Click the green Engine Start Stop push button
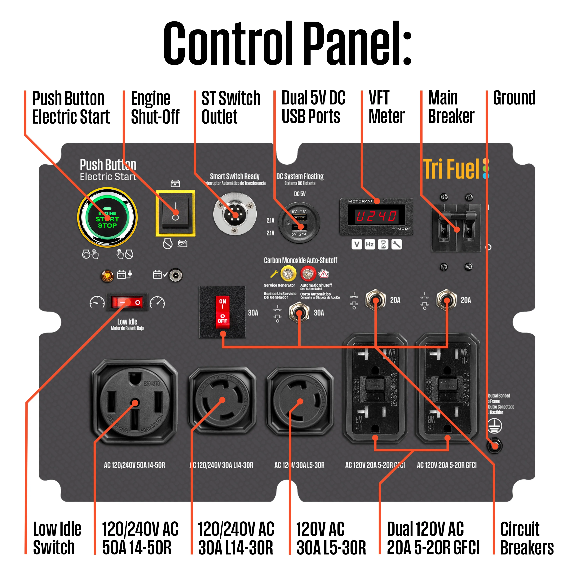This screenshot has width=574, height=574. [107, 218]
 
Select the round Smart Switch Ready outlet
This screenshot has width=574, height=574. [235, 213]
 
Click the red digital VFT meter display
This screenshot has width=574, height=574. [376, 216]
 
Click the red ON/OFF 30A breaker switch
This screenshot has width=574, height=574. [223, 312]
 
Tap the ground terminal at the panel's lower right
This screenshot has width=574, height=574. [494, 446]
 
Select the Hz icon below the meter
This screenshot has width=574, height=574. [370, 244]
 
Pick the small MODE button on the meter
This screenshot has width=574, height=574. [394, 229]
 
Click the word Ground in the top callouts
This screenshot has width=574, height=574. [514, 98]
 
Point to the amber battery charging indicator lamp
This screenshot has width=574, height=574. [107, 276]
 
